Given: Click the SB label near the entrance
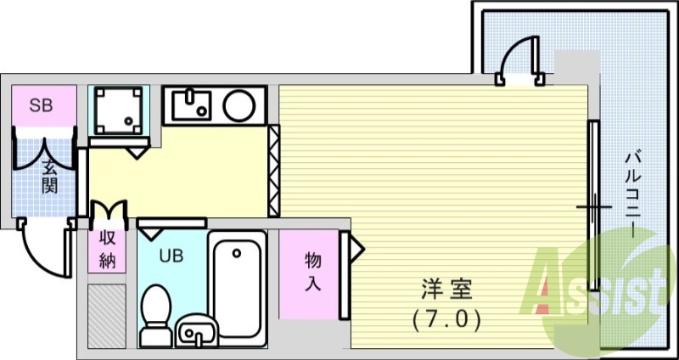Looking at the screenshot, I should (x=40, y=106).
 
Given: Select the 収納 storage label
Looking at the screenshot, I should (x=107, y=249).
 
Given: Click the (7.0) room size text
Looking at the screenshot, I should (x=446, y=320).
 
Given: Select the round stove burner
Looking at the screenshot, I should (x=238, y=106).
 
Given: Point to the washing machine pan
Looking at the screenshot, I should (x=118, y=110).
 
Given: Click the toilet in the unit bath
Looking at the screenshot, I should (x=154, y=314).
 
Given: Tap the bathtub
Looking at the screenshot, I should (x=237, y=289).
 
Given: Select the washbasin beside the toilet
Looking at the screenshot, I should (x=198, y=333).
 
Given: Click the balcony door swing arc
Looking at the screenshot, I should (x=515, y=58).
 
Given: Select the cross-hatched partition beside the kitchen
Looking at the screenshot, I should (x=273, y=171).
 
